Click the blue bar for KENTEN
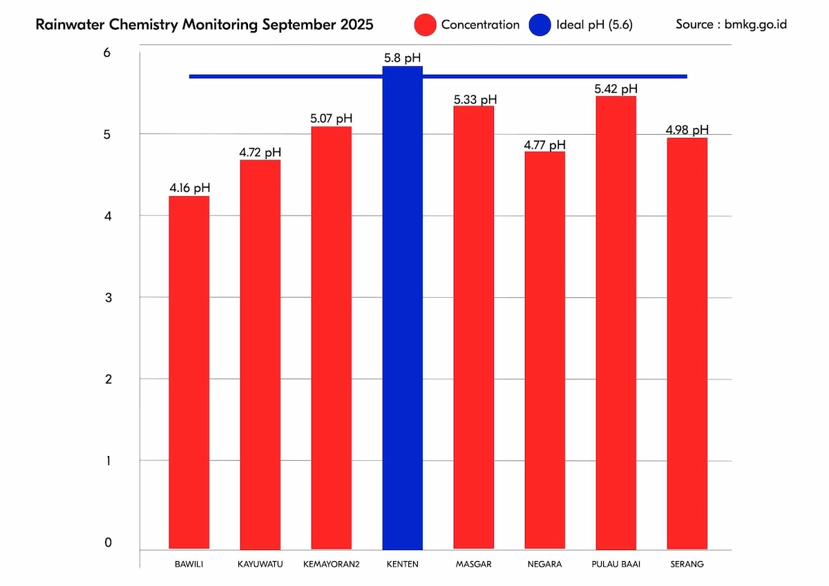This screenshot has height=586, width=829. point(403,308)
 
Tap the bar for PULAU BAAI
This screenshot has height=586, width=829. point(616,322)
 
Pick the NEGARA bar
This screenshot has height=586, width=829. point(545,350)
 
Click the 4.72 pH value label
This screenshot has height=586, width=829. point(260,152)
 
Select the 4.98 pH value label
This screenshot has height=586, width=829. point(687,130)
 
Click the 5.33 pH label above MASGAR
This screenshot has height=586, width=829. point(475,100)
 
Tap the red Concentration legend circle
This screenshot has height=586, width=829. point(424,26)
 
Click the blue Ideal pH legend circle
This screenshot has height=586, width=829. point(540,26)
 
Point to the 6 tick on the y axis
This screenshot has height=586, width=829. point(107,53)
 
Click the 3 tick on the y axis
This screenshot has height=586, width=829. point(107,298)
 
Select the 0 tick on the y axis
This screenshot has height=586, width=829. point(108,543)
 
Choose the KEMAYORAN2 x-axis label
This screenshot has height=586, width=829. point(332,564)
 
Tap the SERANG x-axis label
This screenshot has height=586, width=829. point(687,564)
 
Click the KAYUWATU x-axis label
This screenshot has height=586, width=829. point(260,564)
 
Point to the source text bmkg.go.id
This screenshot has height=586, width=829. point(756,24)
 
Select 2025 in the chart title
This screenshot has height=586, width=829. point(356,25)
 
